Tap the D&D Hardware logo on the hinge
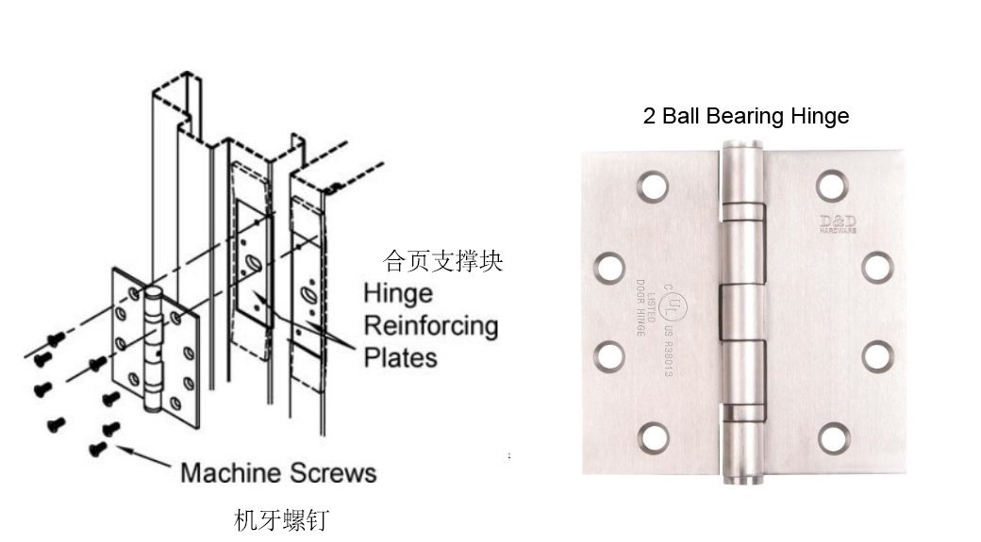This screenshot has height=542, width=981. [x=835, y=223]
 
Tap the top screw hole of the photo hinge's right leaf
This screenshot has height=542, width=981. [x=831, y=186]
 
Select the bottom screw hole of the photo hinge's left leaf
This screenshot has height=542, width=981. [x=653, y=435]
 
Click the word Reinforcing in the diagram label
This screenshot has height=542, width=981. [x=430, y=326]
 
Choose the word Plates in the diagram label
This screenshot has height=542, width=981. [x=401, y=358]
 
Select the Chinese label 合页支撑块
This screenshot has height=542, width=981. [x=442, y=260]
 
